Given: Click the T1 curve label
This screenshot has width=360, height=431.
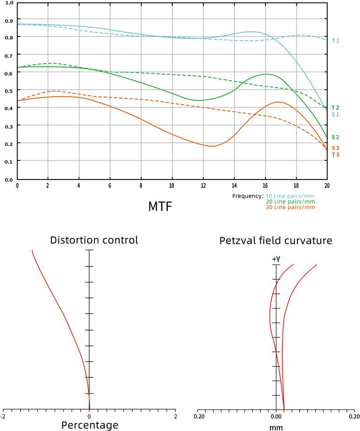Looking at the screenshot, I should pyautogui.click(x=335, y=41).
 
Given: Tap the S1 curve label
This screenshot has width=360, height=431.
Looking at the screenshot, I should pyautogui.click(x=335, y=115).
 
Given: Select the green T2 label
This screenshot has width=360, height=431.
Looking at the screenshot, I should pyautogui.click(x=335, y=108).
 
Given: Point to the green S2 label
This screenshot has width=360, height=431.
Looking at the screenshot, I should pyautogui.click(x=335, y=137).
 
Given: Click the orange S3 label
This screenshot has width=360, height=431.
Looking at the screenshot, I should pyautogui.click(x=335, y=148).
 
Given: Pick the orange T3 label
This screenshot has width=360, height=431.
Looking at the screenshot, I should pyautogui.click(x=335, y=155).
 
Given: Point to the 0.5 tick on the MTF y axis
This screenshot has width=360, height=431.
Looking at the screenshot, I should pyautogui.click(x=9, y=90).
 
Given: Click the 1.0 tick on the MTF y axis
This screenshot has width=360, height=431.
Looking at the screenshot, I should pyautogui.click(x=9, y=3).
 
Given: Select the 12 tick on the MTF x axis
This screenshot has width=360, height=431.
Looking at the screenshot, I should pyautogui.click(x=203, y=186).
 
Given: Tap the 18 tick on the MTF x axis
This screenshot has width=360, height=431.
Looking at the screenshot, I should pyautogui.click(x=296, y=186).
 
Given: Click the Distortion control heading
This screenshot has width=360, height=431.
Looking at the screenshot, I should pyautogui.click(x=94, y=241).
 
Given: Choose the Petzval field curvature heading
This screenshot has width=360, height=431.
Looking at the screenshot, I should pyautogui.click(x=276, y=241).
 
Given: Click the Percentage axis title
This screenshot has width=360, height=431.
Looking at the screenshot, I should pyautogui.click(x=90, y=425).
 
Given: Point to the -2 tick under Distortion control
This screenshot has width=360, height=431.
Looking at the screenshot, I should pyautogui.click(x=4, y=416).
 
